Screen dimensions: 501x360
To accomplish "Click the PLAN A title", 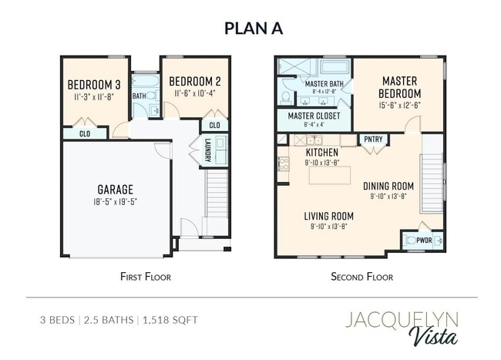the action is point(254,28).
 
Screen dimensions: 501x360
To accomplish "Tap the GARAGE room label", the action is point(116,190).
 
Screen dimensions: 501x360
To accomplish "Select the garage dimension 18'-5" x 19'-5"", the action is point(116,202).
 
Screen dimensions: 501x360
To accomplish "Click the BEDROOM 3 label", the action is point(94,85).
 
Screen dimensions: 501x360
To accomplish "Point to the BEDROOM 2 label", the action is point(195,82).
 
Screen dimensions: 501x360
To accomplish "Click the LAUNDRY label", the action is point(207,150).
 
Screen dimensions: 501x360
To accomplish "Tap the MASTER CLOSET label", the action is point(314,116).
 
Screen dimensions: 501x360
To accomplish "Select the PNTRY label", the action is point(373,140).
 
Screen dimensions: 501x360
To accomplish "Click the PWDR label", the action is point(424,241).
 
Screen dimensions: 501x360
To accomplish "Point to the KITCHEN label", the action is point(322,152).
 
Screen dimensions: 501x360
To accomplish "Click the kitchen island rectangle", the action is point(330,175).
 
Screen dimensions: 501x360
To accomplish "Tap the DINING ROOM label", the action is point(388,186).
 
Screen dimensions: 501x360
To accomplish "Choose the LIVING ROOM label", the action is point(329,217).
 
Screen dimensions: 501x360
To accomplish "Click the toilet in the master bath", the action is point(286,97).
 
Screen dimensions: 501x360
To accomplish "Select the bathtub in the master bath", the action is point(335,67).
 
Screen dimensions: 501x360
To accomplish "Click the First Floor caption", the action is point(146,277).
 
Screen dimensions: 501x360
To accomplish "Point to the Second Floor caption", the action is point(362,277).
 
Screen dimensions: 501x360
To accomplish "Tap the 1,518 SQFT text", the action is point(170,320).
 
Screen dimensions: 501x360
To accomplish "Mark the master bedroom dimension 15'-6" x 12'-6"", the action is point(400,105).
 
